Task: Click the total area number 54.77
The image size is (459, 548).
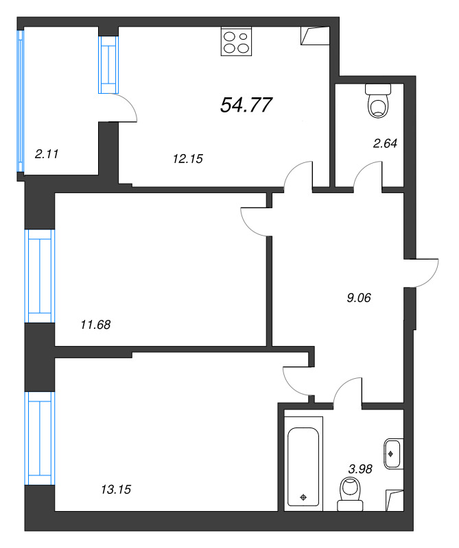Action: click(x=246, y=105)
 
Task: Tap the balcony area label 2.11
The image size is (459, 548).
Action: click(x=46, y=154)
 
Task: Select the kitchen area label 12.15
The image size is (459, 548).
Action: click(x=188, y=158)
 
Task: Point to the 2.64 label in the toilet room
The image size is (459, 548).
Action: click(x=384, y=144)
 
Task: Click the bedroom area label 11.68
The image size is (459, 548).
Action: click(x=95, y=325)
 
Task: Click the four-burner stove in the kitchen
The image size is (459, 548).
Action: click(x=236, y=41)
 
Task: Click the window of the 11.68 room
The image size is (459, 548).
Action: click(x=39, y=275)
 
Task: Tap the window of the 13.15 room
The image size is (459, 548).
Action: click(x=39, y=436)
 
